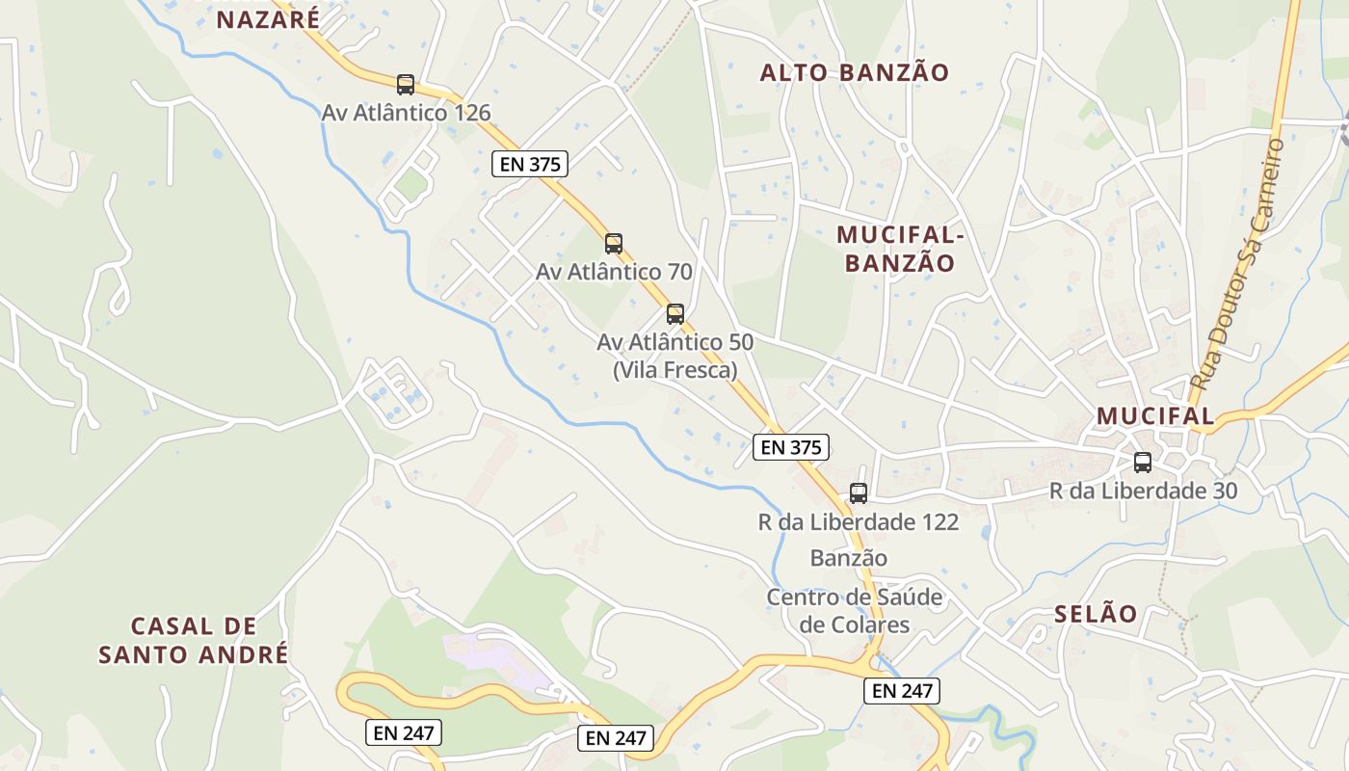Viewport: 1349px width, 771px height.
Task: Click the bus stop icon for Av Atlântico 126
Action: pos(406,85)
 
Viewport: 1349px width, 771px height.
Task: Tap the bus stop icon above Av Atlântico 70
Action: pos(614,244)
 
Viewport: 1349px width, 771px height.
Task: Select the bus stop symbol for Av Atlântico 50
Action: pos(675,314)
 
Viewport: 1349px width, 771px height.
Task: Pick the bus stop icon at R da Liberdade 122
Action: pos(859,493)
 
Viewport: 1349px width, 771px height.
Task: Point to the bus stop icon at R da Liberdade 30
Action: pos(1143,463)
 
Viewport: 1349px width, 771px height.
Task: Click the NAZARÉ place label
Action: pos(268,18)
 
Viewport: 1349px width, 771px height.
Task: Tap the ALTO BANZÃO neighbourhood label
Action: pos(855,72)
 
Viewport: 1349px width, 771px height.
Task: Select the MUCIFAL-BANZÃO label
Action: pos(900,249)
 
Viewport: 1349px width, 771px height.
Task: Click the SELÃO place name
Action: pos(1096,614)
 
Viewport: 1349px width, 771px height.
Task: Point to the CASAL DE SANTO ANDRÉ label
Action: pos(194,640)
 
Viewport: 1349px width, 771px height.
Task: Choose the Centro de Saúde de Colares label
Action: pos(855,610)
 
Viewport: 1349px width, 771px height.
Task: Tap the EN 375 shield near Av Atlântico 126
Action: pos(530,164)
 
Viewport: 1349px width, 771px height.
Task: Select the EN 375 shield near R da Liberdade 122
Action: pos(790,446)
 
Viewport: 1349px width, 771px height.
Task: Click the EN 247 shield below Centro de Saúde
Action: pos(901,690)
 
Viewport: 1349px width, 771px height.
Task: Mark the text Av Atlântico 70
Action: pos(614,272)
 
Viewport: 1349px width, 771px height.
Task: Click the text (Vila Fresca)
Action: pos(675,369)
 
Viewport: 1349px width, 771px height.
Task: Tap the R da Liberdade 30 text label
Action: pos(1143,491)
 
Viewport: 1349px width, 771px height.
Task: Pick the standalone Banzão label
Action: pos(849,558)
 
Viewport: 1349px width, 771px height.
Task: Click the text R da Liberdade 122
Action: pos(859,522)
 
